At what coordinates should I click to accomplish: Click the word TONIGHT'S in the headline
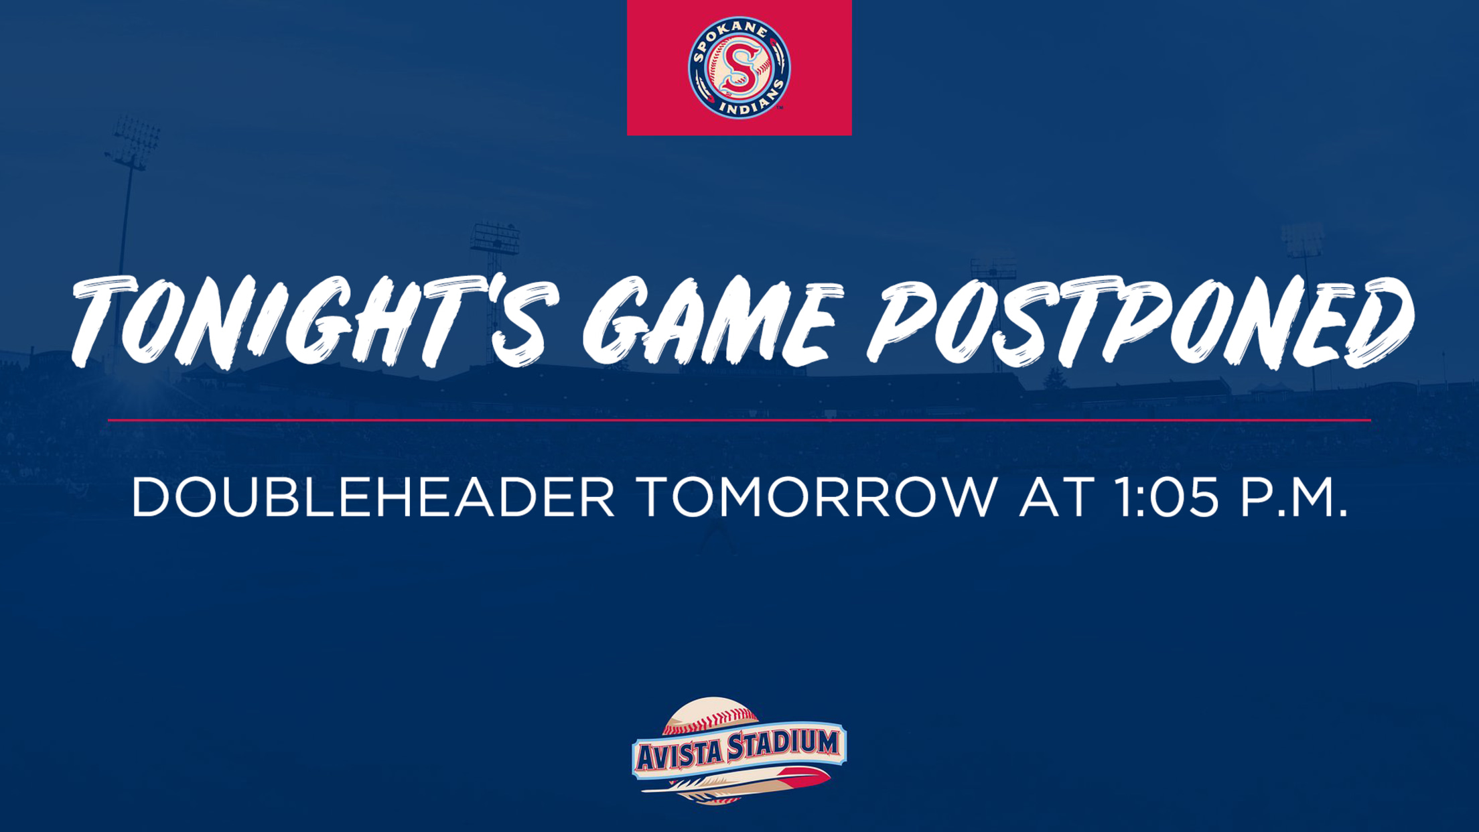tap(315, 322)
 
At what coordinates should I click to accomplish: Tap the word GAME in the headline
tap(710, 322)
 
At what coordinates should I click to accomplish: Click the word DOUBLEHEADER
tap(372, 496)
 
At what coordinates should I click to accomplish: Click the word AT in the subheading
tap(1056, 496)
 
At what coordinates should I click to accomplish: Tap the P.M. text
tap(1293, 496)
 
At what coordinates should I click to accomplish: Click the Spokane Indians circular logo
tap(739, 68)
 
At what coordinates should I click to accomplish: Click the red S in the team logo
tap(739, 67)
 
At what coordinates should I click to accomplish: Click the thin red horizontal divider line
tap(739, 420)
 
